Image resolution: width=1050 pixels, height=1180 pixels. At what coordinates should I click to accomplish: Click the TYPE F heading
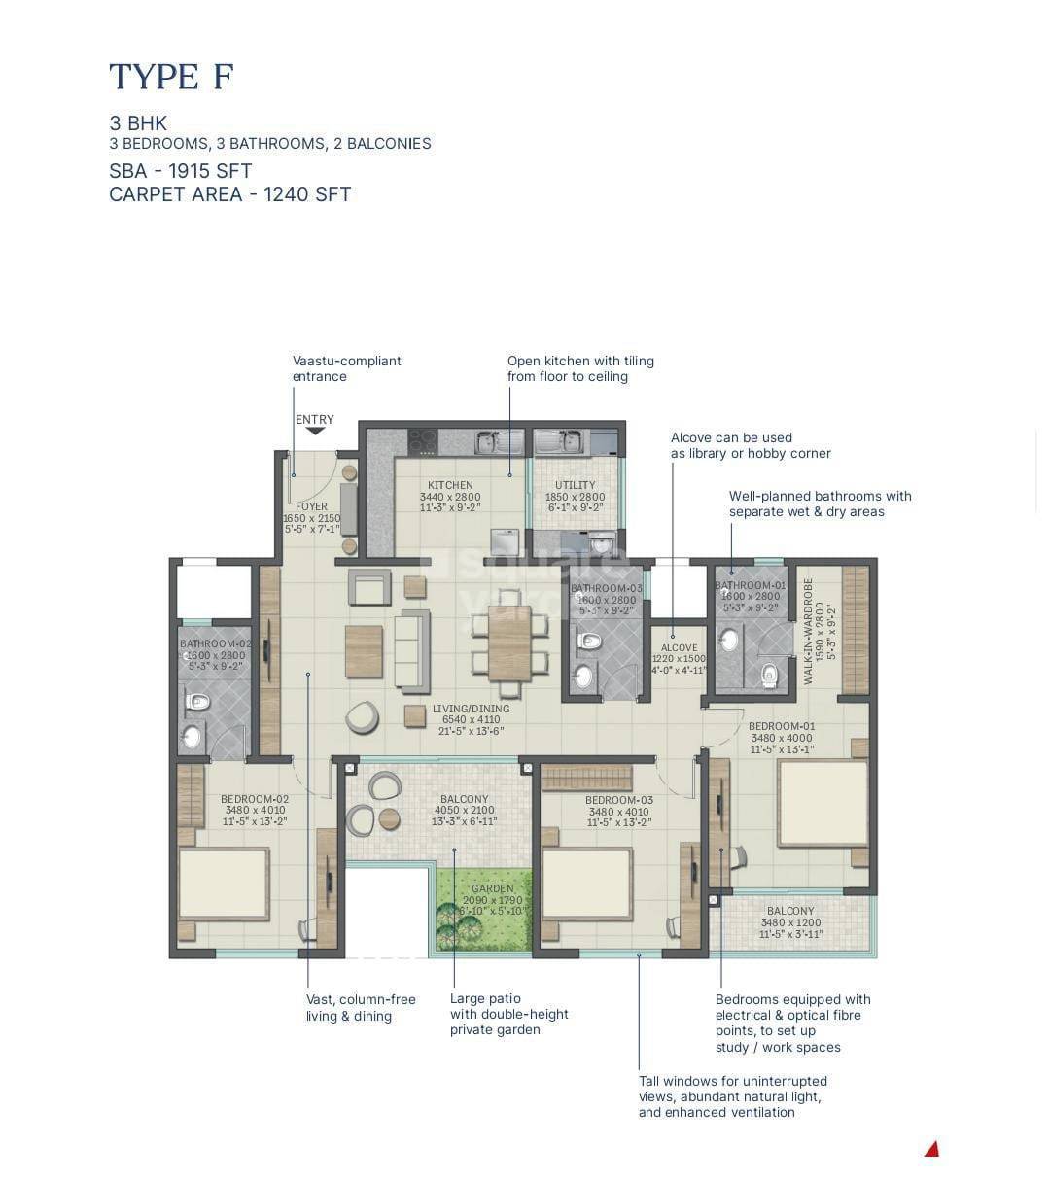tap(172, 76)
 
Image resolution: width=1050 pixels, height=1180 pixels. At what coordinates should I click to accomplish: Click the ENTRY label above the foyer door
tap(314, 420)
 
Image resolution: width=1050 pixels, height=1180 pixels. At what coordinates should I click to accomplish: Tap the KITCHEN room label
tap(450, 485)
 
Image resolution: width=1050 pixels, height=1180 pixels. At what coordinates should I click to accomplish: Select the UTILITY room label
tap(575, 485)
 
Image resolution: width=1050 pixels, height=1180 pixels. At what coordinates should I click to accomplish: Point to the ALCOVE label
tap(679, 648)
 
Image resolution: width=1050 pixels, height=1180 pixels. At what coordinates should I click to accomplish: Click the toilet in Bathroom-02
tap(197, 702)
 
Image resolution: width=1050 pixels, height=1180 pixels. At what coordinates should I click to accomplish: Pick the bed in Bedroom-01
tap(822, 803)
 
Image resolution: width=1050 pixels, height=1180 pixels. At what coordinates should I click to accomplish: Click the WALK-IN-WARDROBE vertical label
tap(808, 632)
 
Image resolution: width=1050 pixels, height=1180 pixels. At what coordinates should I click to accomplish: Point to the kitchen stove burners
tap(422, 441)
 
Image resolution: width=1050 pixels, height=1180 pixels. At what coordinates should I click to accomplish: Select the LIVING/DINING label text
tap(471, 709)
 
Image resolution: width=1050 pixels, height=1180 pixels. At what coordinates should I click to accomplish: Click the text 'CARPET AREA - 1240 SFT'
tap(229, 194)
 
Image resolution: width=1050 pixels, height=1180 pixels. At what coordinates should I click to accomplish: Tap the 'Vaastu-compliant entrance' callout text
tap(346, 368)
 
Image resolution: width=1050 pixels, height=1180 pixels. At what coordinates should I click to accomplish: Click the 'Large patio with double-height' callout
tap(508, 1014)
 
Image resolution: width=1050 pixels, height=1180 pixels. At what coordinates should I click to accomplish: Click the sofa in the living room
tap(412, 651)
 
